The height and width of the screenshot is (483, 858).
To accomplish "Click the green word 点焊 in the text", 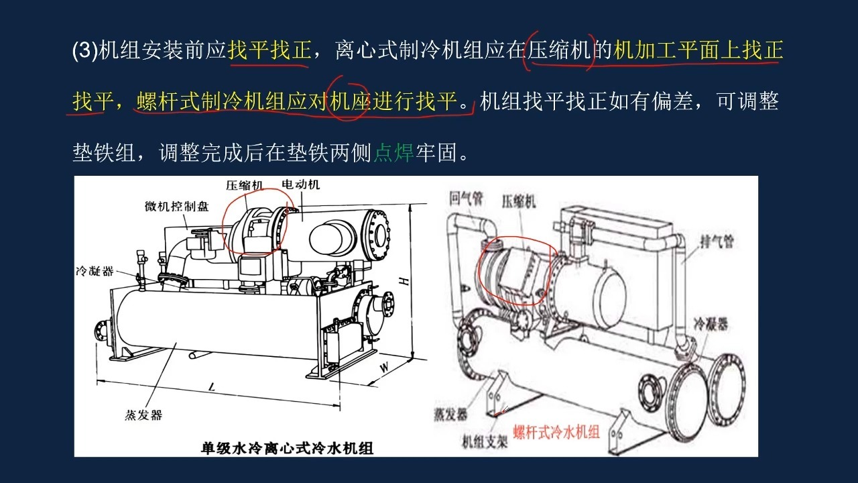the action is (393, 152).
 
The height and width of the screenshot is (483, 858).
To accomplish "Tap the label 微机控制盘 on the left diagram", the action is (176, 207).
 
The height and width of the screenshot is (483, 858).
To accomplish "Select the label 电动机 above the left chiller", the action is (300, 184).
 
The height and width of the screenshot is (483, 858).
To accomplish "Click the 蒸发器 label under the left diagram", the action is (143, 415).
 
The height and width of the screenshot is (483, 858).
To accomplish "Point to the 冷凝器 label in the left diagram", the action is (95, 272).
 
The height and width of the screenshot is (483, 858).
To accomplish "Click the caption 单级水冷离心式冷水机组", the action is (287, 448).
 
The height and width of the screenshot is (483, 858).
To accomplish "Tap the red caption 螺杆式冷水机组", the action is (556, 432).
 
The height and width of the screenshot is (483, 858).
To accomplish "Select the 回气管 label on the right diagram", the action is (467, 199).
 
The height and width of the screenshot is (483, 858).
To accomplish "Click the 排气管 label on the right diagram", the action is (717, 241).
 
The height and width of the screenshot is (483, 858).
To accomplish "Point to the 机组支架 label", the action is (485, 442).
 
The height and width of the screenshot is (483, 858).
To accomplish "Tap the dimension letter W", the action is (384, 368).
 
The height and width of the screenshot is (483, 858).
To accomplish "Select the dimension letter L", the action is (211, 387).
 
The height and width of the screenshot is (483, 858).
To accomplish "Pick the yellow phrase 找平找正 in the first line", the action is (269, 50).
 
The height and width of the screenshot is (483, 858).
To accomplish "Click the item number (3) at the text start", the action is (84, 50).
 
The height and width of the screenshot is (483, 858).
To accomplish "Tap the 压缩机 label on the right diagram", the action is (519, 202).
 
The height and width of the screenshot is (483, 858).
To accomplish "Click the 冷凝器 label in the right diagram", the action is (711, 324).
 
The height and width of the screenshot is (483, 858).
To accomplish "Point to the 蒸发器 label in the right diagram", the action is (450, 415).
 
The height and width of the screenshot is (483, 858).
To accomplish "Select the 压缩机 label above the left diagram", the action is (245, 186).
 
